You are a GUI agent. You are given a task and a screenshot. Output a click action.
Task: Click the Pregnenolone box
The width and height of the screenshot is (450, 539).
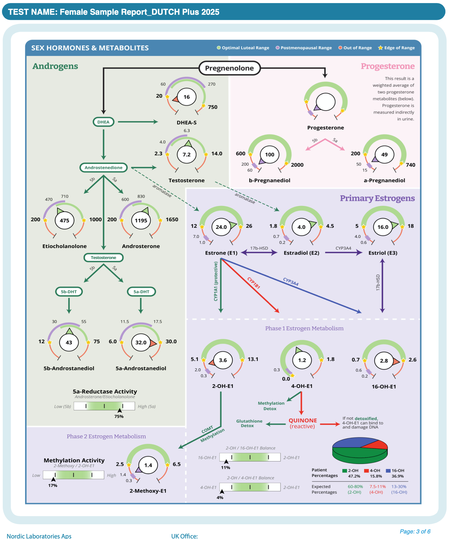229,68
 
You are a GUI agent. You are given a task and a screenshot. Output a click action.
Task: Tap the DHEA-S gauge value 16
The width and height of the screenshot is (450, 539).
187,97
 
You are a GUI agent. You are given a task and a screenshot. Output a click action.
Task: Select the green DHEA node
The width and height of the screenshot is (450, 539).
103,122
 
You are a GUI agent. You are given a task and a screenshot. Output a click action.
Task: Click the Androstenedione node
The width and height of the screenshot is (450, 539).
104,167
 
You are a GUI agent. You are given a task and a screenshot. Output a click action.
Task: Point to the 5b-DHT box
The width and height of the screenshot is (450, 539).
69,292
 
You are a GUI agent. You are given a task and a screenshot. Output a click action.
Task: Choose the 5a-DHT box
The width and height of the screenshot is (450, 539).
141,292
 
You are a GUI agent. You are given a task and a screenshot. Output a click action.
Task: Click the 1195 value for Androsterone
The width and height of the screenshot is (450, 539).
141,220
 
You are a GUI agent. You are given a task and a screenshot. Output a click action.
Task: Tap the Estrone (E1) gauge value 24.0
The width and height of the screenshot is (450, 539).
221,227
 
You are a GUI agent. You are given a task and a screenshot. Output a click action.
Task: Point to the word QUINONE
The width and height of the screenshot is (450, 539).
303,421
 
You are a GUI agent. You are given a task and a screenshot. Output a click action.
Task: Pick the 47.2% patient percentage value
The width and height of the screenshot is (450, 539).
354,476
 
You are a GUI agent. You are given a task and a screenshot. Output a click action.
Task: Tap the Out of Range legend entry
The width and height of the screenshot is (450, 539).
355,48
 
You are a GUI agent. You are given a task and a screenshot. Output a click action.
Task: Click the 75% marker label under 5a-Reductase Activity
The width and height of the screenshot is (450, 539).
119,416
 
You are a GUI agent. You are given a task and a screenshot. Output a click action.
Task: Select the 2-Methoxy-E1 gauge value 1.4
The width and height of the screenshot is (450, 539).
148,465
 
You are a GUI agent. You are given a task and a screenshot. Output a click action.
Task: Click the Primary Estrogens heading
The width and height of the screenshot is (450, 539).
377,198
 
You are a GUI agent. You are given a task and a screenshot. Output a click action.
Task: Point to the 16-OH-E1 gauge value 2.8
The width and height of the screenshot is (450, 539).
384,361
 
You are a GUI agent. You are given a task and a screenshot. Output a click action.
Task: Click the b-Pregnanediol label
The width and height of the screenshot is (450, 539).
269,181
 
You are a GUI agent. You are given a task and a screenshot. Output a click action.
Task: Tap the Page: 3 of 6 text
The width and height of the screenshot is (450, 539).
415,531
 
